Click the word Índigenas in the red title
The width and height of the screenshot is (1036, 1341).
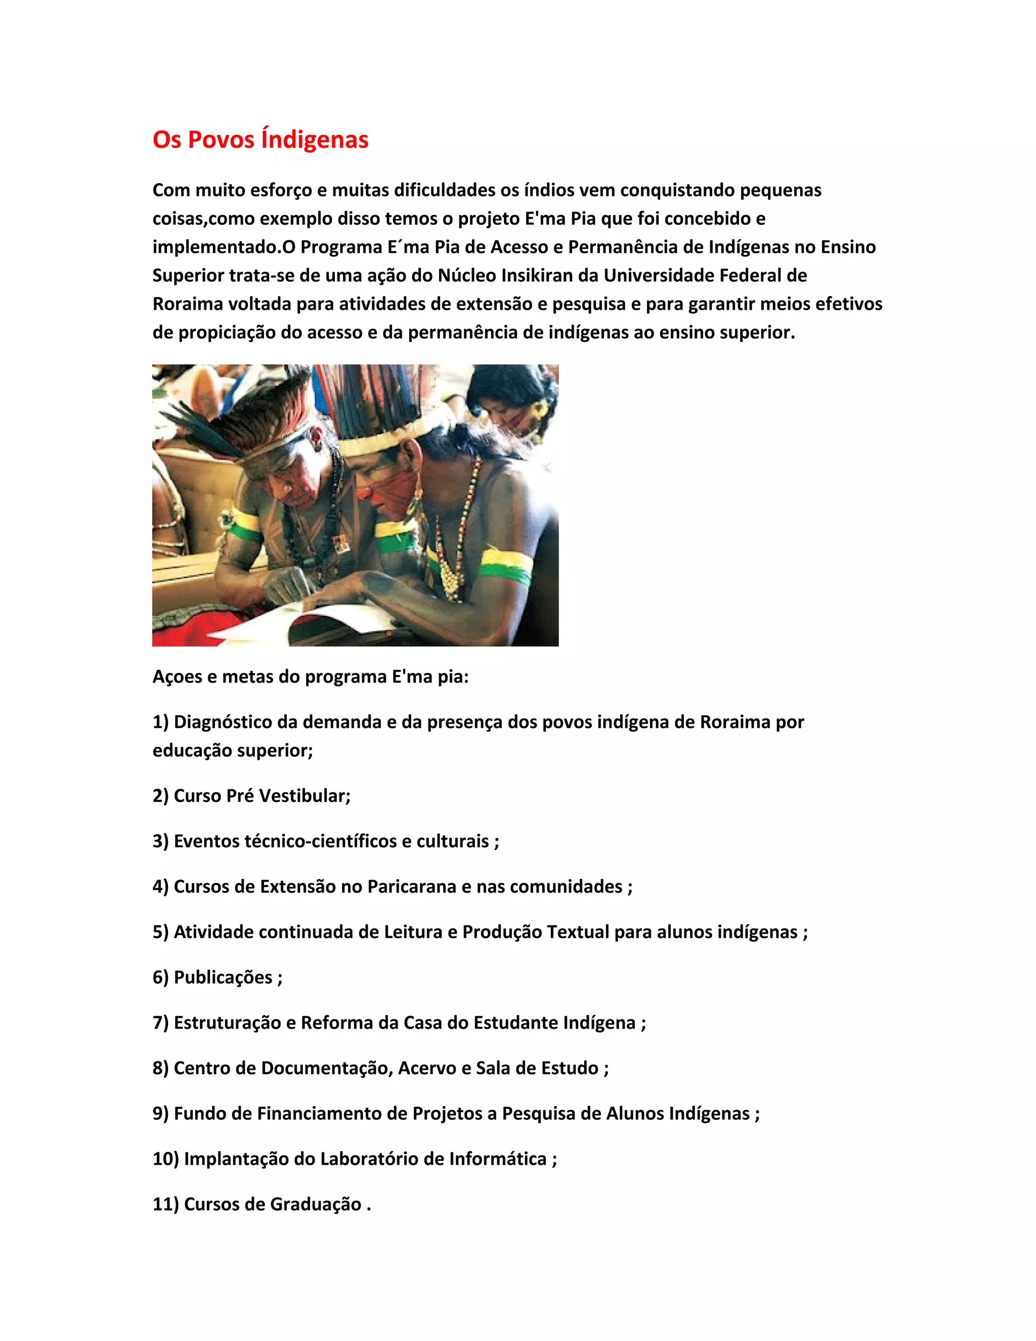coord(315,140)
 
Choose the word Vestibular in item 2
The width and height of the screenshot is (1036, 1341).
coord(305,796)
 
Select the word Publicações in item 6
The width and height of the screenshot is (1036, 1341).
coord(223,978)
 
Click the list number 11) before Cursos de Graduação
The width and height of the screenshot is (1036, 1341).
coord(166,1205)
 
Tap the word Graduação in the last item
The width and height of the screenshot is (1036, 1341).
coord(316,1205)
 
